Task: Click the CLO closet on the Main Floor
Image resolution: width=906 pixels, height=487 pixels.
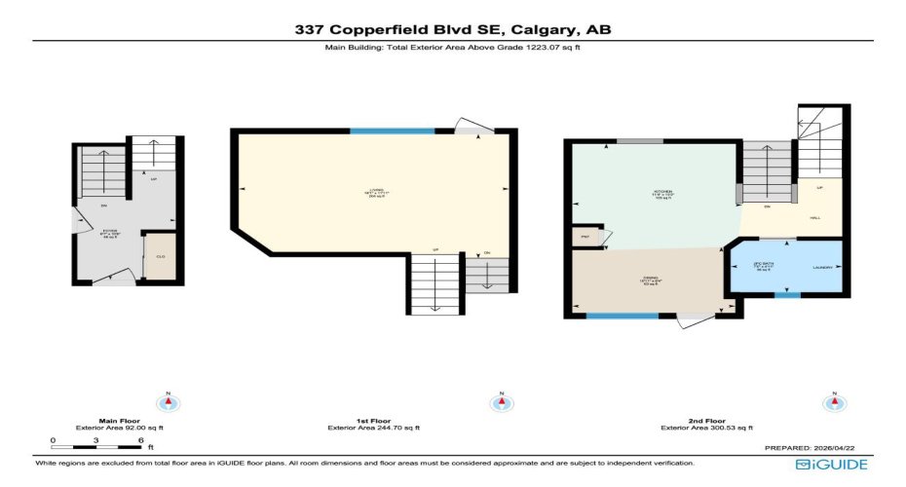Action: click(x=160, y=257)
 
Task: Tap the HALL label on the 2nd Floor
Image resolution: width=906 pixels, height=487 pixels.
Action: click(x=814, y=218)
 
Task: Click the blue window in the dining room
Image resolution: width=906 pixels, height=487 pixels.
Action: click(x=623, y=315)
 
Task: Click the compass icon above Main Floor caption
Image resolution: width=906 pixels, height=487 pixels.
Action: click(x=170, y=401)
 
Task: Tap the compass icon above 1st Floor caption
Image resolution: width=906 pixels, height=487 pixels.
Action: click(x=501, y=401)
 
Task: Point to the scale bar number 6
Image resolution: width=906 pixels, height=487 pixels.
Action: click(x=141, y=439)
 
